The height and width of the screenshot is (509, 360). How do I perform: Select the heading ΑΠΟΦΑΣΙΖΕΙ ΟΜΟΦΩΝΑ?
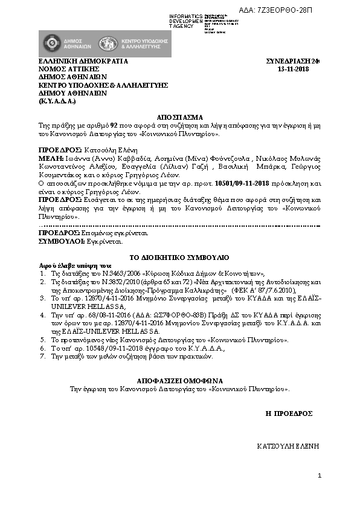tap(180, 381)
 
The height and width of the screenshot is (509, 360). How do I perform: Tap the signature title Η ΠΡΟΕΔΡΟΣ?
tap(289, 413)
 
